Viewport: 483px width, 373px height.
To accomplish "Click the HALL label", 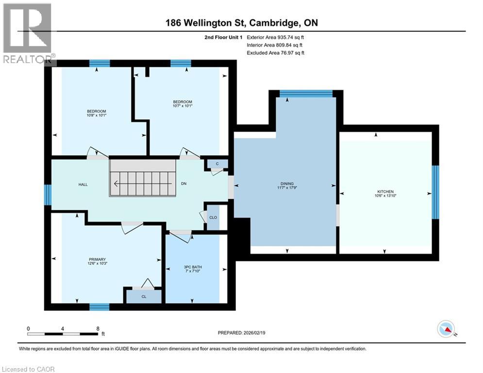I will pos(83,185).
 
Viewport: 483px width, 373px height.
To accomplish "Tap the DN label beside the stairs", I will pos(183,184).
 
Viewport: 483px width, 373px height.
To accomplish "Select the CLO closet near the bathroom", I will pos(213,218).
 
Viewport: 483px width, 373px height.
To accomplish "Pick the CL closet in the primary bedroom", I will pos(144,296).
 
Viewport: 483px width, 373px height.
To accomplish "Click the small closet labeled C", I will pos(217,164).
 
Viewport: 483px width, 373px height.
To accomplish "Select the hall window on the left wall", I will pos(48,195).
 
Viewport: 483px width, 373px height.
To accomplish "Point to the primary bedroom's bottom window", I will pos(99,306).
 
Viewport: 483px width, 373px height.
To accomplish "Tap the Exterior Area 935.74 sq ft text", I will pos(276,37).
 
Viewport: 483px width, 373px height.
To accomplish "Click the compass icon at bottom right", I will pos(447,329).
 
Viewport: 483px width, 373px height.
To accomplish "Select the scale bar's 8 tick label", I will pos(98,329).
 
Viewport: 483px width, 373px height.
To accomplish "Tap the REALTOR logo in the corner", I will pos(28,33).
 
